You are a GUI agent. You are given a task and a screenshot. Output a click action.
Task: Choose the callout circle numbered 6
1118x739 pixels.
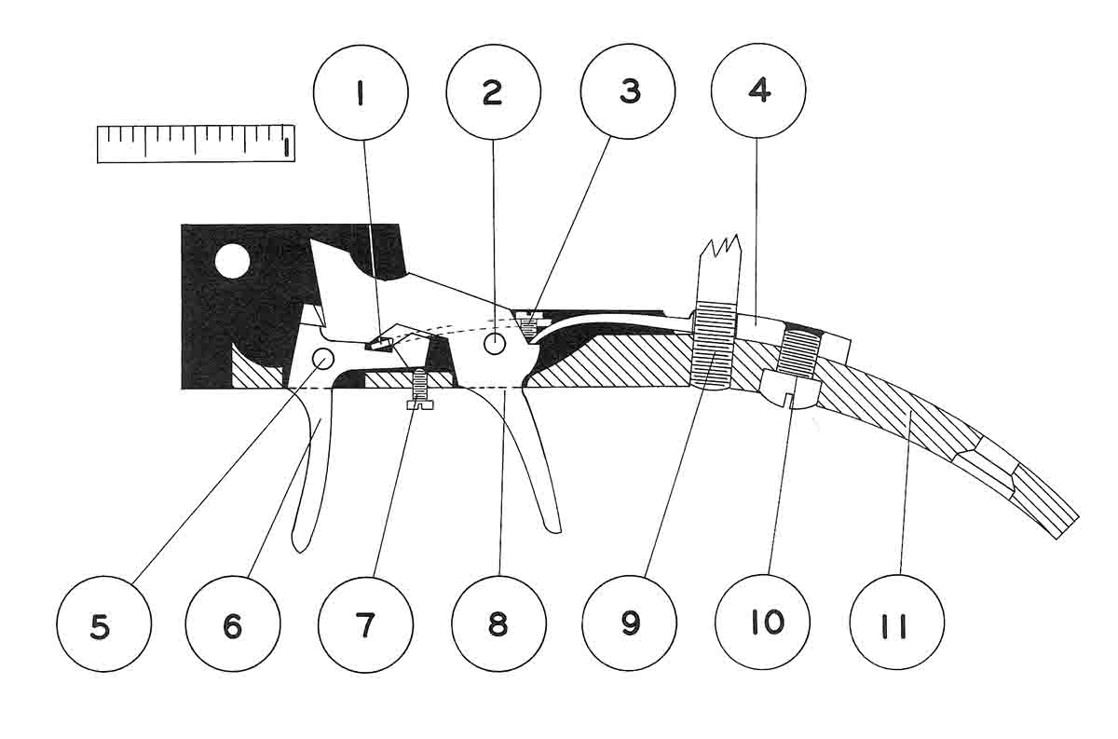click(233, 623)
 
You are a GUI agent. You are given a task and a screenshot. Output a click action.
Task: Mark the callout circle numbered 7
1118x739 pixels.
click(365, 623)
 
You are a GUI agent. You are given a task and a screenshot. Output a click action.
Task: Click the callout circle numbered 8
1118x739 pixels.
click(498, 623)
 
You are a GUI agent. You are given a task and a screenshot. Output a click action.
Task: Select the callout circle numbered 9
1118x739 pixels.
click(631, 623)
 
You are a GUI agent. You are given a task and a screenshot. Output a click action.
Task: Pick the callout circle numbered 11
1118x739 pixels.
click(897, 623)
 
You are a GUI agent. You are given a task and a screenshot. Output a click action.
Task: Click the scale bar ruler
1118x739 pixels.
click(196, 143)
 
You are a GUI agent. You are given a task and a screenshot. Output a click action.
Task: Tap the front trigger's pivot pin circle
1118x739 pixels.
click(323, 357)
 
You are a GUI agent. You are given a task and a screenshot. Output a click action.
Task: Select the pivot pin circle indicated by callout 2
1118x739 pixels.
click(494, 345)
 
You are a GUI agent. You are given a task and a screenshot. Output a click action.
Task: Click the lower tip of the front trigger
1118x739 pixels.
click(299, 543)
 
